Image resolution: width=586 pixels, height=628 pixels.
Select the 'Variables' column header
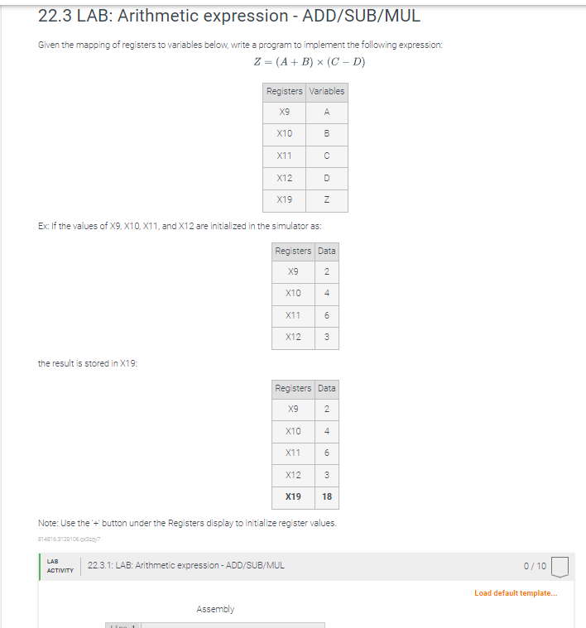click(327, 90)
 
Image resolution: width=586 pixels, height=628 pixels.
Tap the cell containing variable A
click(327, 112)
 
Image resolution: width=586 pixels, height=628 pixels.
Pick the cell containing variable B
click(327, 133)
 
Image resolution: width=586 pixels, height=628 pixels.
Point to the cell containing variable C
click(327, 156)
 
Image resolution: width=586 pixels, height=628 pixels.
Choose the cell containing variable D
click(327, 177)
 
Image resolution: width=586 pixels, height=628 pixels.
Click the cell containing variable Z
click(327, 199)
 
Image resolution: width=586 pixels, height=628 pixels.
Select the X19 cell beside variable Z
click(285, 199)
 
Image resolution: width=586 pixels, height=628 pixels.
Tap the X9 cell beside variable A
click(285, 112)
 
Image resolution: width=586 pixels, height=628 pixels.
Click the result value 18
click(327, 497)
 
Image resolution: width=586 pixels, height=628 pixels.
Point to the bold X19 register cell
click(293, 497)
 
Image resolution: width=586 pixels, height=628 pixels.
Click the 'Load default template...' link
click(516, 593)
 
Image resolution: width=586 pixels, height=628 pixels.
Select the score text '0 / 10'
click(536, 566)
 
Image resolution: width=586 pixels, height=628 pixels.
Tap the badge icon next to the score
click(560, 567)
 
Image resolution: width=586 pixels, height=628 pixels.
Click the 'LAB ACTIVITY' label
click(60, 566)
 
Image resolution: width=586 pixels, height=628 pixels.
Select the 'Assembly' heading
click(215, 609)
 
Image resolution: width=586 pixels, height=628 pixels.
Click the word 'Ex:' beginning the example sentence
click(44, 225)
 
